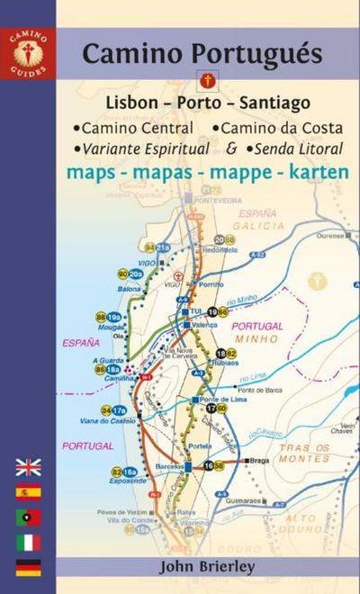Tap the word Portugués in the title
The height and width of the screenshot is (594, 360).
262,54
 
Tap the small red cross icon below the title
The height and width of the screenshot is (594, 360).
209,80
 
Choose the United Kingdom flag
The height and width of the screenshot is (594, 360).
28,467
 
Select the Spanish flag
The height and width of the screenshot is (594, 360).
28,492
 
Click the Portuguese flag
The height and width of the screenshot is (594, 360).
28,517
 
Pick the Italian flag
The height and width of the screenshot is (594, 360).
28,543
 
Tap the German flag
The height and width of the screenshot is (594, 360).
28,568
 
